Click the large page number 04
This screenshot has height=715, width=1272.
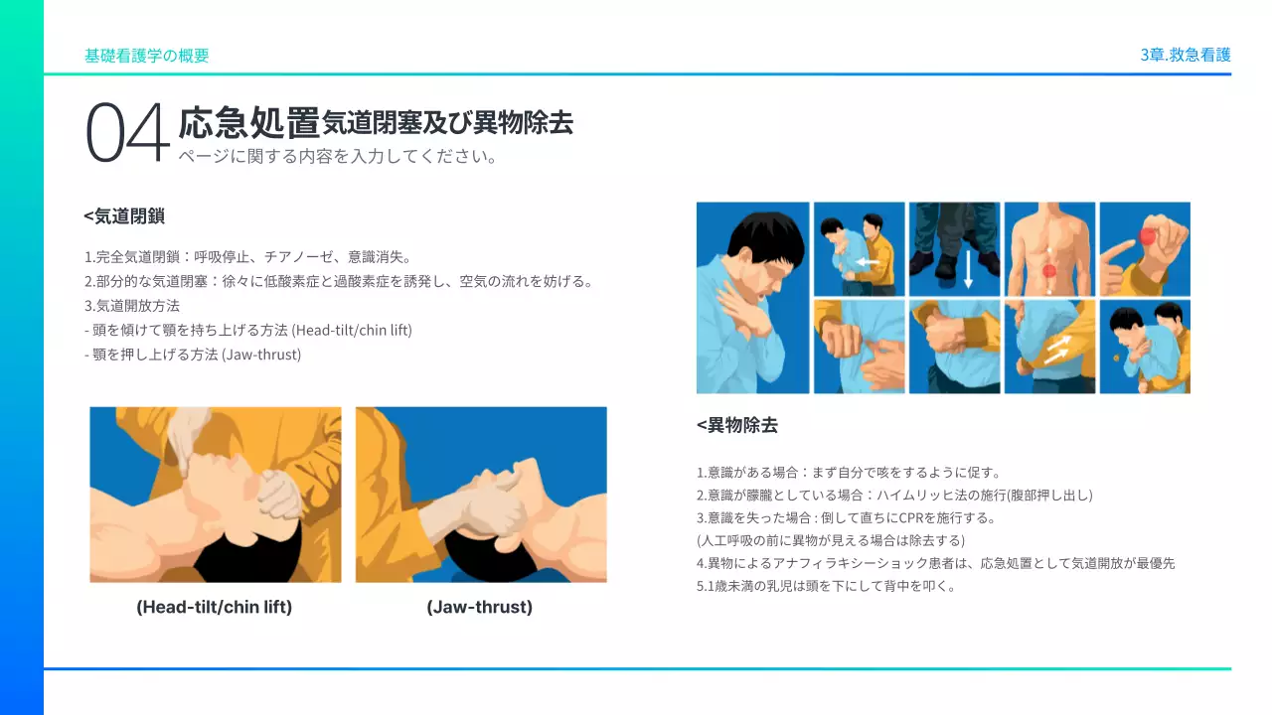127,132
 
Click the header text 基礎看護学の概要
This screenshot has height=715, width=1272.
146,56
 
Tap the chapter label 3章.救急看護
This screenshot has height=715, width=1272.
1186,55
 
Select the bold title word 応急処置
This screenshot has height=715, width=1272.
248,123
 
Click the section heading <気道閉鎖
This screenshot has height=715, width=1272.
124,215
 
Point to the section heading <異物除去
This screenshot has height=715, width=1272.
736,425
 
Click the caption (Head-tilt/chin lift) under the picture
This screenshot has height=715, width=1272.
214,607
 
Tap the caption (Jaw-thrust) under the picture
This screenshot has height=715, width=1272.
479,607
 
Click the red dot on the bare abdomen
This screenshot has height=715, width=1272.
1049,271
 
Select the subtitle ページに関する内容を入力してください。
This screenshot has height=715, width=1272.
338,157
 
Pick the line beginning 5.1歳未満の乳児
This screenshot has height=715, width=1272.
826,585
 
